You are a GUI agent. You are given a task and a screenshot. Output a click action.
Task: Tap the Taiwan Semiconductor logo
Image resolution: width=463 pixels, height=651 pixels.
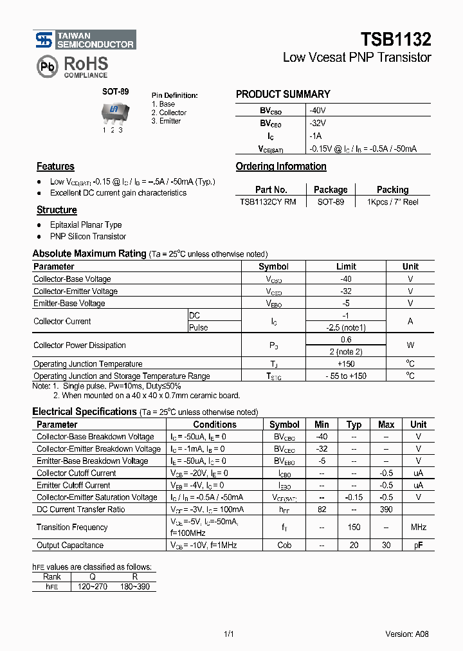coord(85,40)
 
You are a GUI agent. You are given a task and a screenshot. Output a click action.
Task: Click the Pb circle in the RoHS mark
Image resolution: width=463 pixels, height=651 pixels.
coord(46,67)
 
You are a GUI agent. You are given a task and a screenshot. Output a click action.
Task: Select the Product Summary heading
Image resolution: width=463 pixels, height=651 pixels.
coord(283,94)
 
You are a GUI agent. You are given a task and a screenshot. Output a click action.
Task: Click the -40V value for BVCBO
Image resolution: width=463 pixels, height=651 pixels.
coord(318,110)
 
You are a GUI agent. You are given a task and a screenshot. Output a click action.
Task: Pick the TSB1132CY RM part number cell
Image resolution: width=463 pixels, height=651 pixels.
coord(268,202)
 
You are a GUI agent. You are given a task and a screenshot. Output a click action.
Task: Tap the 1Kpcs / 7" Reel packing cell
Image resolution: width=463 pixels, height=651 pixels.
coord(392,202)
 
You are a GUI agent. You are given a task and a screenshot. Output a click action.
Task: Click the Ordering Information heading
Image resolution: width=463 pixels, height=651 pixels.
coord(281,167)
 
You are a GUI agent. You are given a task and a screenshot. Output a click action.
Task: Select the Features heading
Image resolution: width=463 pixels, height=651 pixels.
coord(55,167)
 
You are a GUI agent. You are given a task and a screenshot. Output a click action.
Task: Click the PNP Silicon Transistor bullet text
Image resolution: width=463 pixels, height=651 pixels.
coord(88,237)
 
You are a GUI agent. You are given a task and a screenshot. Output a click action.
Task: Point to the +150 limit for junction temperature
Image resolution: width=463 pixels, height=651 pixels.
coord(346,364)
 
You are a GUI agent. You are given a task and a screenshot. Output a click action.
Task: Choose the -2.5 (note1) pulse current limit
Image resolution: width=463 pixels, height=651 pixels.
coord(346,327)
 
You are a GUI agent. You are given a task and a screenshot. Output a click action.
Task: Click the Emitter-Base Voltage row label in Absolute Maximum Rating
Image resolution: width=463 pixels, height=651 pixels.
coord(69,304)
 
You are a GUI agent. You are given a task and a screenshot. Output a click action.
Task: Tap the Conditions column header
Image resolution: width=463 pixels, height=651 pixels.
coord(215,425)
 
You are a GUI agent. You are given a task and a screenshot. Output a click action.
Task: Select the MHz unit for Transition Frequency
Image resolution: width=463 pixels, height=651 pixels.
coord(419,527)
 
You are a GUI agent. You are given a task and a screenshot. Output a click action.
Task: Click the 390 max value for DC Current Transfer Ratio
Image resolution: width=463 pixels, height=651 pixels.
coord(386,509)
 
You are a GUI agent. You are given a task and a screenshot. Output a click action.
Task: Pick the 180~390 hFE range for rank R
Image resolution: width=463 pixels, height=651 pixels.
coord(134,587)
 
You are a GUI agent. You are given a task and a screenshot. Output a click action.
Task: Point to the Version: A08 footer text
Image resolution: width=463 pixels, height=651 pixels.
coord(407,634)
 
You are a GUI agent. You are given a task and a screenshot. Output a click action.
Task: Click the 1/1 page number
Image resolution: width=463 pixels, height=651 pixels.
coord(228,634)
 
